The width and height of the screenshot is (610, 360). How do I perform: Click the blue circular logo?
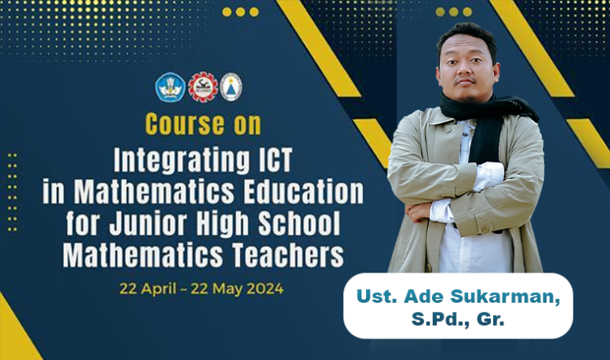point(171,87)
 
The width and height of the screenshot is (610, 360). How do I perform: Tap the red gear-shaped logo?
point(203,87)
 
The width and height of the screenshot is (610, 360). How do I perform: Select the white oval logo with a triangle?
point(231,87)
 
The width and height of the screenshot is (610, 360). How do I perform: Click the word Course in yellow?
point(185,124)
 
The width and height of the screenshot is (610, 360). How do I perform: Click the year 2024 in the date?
point(265,289)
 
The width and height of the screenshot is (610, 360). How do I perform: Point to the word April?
point(158,289)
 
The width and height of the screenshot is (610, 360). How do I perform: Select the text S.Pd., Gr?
point(457,319)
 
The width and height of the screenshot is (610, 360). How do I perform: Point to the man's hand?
point(418,212)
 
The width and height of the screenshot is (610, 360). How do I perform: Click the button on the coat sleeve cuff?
point(485,230)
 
